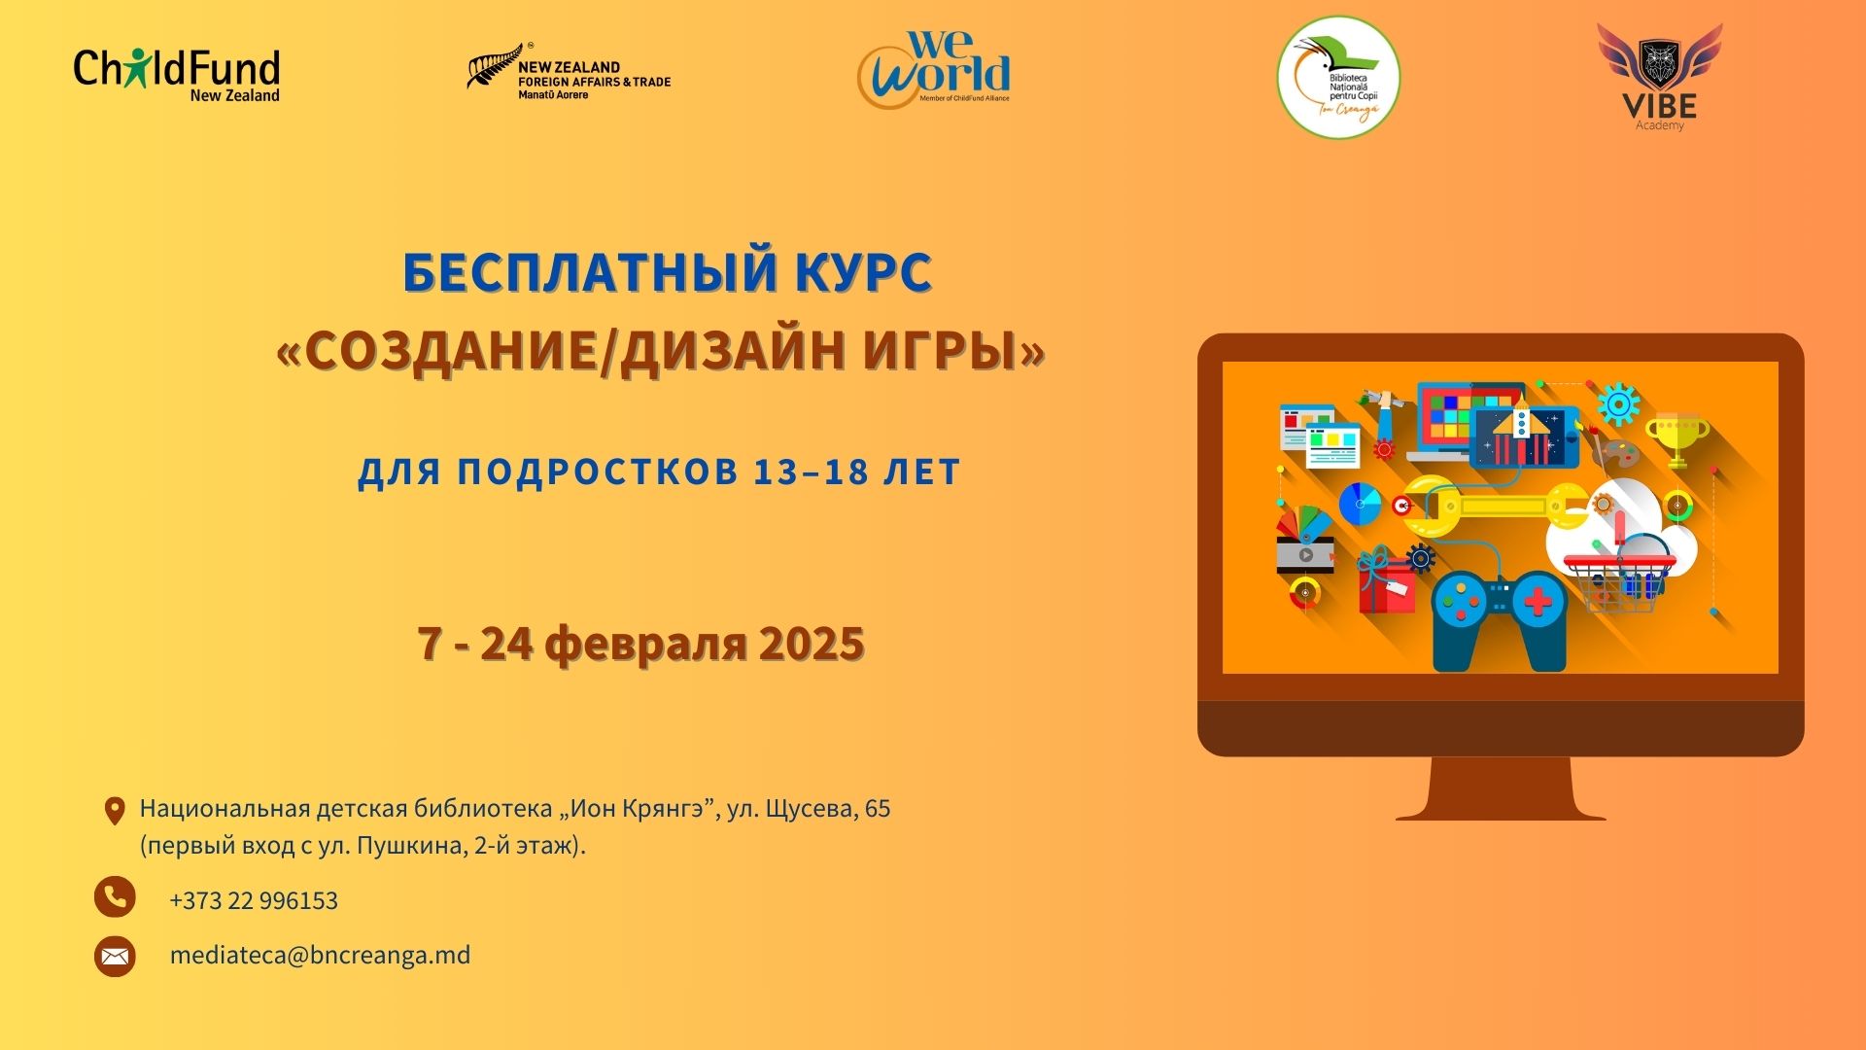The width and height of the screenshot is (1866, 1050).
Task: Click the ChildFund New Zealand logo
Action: click(177, 75)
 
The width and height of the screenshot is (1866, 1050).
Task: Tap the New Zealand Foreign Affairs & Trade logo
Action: click(569, 72)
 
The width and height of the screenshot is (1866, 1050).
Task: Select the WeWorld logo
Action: click(934, 69)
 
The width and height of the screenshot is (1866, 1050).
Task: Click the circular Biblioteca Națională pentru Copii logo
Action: click(1338, 77)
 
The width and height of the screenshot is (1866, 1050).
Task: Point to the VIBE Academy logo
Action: click(1660, 77)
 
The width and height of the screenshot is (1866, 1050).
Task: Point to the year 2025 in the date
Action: click(812, 644)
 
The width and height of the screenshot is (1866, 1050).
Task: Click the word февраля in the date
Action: click(646, 645)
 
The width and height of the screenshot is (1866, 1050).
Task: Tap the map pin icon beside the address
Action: click(115, 811)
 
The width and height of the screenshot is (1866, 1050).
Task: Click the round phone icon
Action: click(115, 896)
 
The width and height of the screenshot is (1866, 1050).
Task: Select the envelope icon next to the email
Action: click(115, 956)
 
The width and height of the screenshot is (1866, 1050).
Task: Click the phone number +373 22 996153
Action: click(254, 900)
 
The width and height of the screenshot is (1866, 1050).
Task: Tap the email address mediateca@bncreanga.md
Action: click(320, 955)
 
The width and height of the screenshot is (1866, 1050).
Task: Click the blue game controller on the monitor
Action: click(1500, 620)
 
